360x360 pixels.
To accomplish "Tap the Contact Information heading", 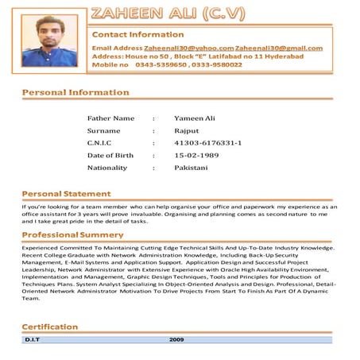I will (138, 34).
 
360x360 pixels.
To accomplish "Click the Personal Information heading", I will (75, 92).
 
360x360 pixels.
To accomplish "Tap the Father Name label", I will (110, 118).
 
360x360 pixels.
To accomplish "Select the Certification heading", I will (49, 327).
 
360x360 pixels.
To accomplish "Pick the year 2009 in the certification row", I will (177, 339).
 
